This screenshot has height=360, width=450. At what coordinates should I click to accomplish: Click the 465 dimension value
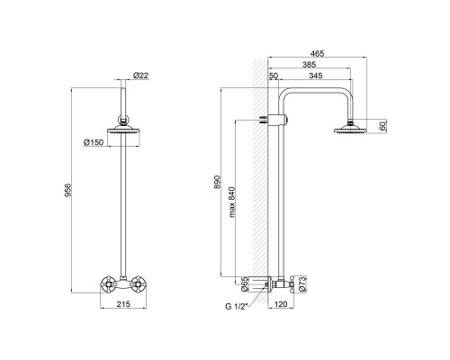point(317,53)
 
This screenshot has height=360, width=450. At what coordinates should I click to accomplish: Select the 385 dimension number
point(309,65)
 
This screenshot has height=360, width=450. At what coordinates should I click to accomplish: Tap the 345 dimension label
point(316,76)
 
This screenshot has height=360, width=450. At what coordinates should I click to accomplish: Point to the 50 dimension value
point(274,76)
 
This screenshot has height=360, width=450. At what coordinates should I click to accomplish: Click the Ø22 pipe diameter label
point(140,76)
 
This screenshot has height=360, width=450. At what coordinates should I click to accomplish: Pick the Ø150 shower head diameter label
point(94,142)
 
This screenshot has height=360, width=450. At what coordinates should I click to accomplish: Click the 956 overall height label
point(68,190)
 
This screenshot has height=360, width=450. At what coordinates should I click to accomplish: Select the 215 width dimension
point(123,304)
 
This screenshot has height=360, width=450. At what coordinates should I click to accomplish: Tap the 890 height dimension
point(217,182)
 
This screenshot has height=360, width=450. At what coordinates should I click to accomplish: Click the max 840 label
point(232,202)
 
